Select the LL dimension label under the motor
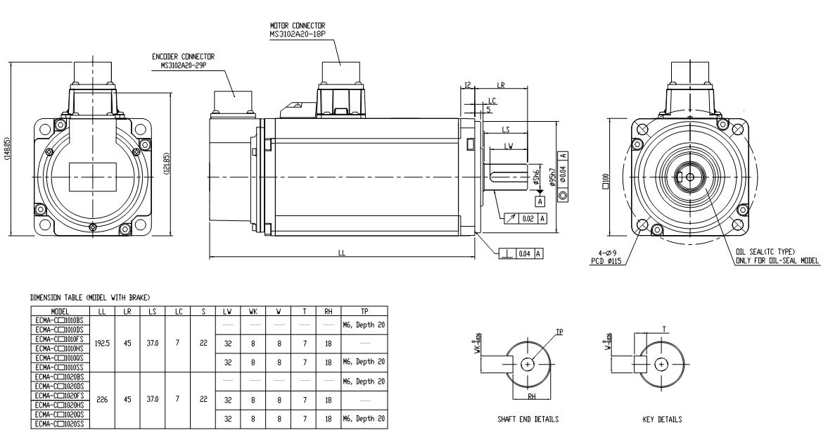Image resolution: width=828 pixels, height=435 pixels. (343, 255)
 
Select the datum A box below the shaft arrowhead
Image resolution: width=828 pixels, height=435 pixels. (540, 201)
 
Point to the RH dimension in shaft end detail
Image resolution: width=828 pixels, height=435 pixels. (535, 396)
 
